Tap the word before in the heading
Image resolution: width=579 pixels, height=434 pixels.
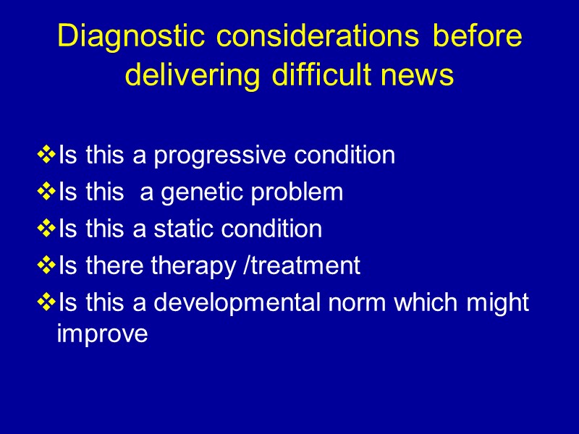click(477, 36)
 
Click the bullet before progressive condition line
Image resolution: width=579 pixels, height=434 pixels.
click(46, 155)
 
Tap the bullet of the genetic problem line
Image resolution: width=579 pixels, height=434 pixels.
click(46, 192)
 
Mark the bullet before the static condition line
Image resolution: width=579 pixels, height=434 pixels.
click(46, 229)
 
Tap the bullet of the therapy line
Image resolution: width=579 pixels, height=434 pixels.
click(46, 266)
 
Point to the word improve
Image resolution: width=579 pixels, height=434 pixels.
click(102, 335)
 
